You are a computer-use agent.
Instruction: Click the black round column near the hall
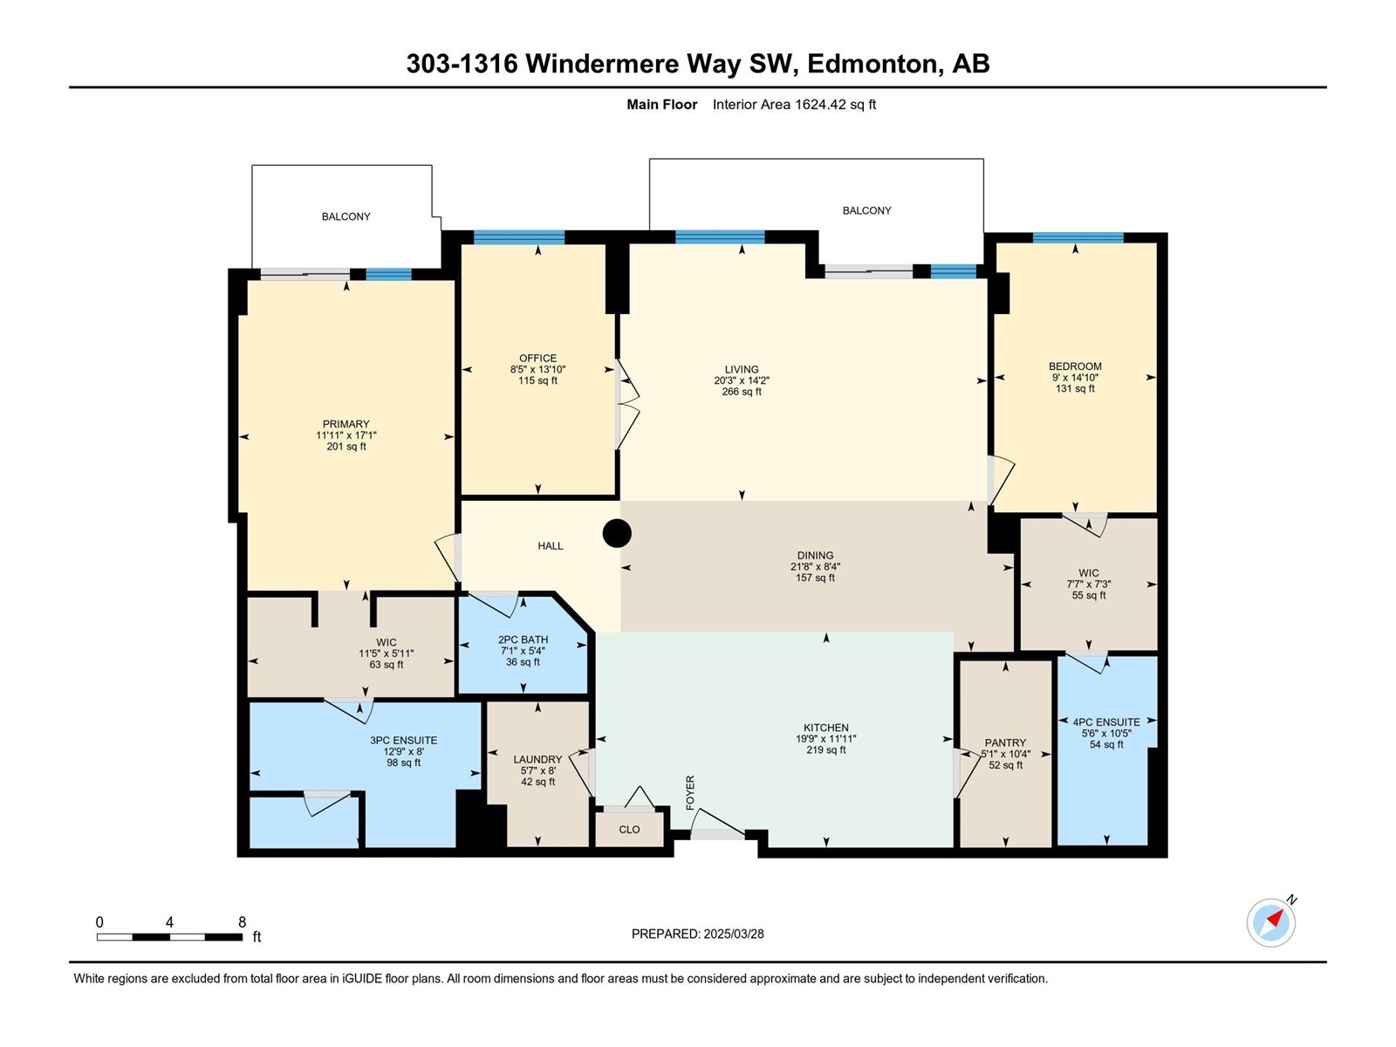point(616,533)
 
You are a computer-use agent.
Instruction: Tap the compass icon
point(1270,922)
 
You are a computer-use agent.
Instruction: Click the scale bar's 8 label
point(242,921)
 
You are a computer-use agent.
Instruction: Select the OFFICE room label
point(537,358)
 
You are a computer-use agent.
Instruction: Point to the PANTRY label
point(1005,742)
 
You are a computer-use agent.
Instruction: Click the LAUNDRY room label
point(537,759)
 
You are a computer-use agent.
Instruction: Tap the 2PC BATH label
point(523,640)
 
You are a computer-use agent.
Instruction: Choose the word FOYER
point(690,793)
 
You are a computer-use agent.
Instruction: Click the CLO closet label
point(629,830)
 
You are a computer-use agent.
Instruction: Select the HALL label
point(551,545)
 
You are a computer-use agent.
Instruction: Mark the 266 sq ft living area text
point(742,392)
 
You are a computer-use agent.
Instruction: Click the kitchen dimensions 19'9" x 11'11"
point(825,739)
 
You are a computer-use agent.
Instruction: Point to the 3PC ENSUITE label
point(403,740)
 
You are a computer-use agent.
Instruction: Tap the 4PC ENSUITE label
point(1106,722)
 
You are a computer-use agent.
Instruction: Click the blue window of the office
point(519,237)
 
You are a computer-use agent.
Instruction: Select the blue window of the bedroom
point(1078,238)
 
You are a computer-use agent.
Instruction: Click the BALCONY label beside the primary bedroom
point(346,216)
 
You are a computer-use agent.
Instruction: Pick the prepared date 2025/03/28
point(733,934)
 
